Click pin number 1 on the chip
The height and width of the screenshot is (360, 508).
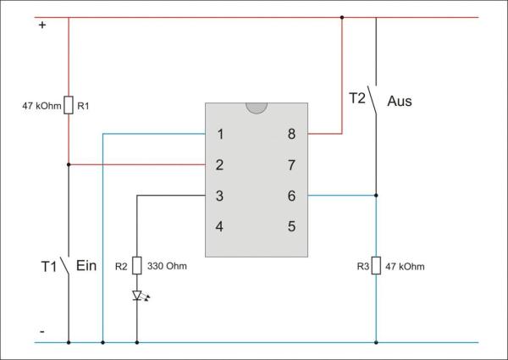220,134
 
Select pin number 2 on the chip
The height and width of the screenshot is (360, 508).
220,165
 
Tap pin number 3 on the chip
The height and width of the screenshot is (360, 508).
220,196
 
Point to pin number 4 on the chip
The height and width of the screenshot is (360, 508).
220,226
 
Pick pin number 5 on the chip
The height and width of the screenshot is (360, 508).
291,226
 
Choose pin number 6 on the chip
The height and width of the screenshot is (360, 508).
291,196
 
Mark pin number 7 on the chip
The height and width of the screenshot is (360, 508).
291,165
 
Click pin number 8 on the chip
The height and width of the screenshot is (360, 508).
291,134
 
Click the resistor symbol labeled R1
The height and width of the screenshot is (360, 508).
69,107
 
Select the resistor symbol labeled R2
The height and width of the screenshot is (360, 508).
137,266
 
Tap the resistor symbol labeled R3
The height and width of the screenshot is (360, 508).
377,266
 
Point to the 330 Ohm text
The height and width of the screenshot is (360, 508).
167,266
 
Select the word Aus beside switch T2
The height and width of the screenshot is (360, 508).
400,101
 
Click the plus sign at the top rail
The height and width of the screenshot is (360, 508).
41,25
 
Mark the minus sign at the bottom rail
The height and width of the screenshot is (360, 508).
41,331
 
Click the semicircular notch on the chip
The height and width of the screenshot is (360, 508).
256,108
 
